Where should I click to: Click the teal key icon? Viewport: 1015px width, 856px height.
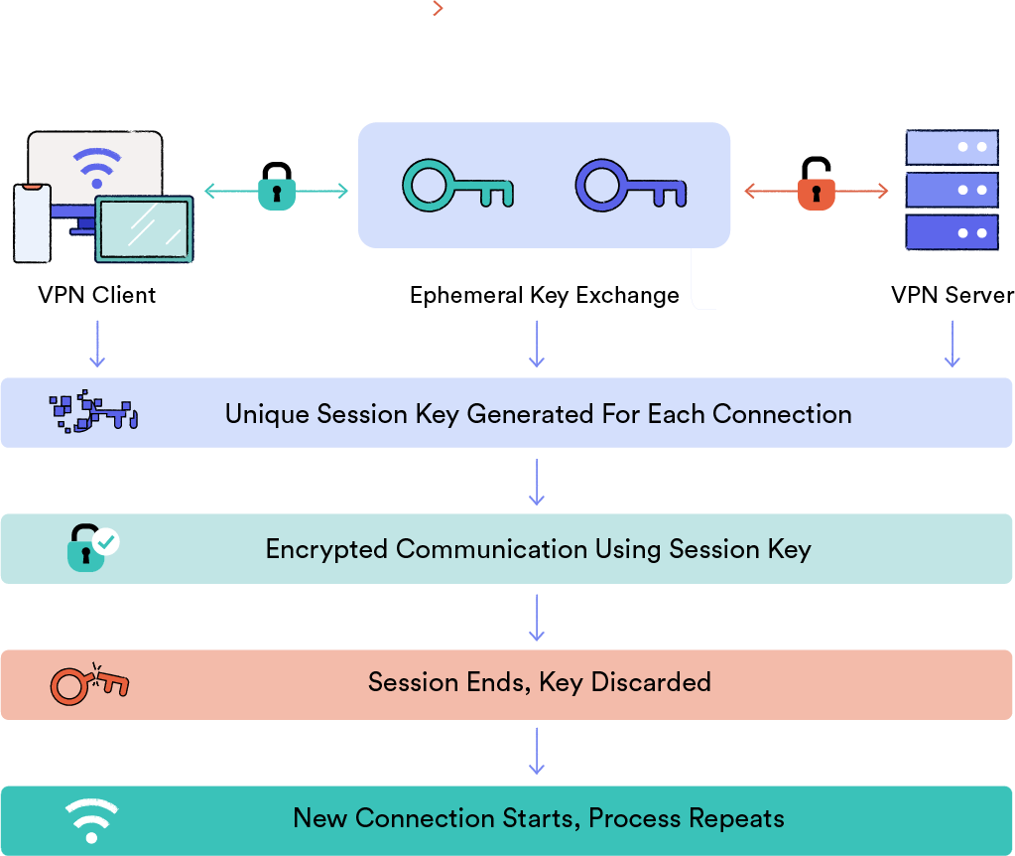tap(456, 186)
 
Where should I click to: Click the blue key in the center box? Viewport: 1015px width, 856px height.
tap(630, 186)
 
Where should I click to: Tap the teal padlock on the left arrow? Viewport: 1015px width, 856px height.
tap(276, 192)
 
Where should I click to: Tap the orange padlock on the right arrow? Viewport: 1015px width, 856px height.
tap(816, 192)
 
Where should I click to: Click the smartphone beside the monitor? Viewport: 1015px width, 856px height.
tap(32, 223)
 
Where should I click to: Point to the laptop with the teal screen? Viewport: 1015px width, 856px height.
tap(144, 228)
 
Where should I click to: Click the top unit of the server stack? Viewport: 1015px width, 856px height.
tap(951, 147)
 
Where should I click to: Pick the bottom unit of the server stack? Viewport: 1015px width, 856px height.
tap(951, 233)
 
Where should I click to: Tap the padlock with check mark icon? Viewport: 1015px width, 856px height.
tap(91, 547)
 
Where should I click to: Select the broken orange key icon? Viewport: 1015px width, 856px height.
tap(89, 683)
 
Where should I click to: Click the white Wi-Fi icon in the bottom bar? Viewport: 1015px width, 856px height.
tap(91, 820)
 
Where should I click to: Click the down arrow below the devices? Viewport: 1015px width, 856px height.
tap(97, 345)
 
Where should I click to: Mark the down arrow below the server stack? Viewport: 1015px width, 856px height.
tap(952, 345)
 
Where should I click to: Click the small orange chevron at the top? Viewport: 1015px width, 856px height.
tap(438, 8)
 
